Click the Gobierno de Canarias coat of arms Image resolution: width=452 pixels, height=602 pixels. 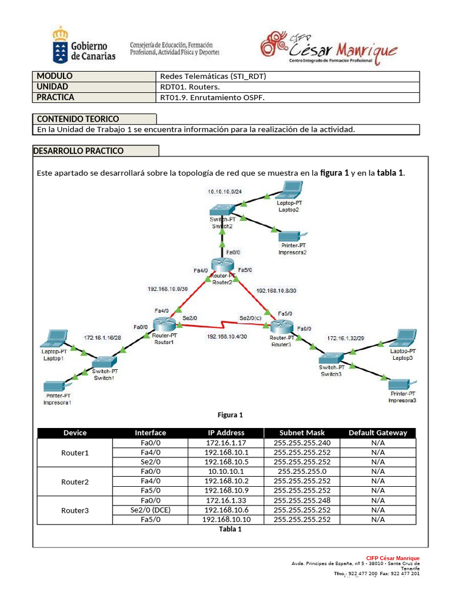pyautogui.click(x=59, y=42)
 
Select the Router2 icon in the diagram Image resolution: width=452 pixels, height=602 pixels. pyautogui.click(x=223, y=266)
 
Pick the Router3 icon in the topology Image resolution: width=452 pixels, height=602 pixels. pyautogui.click(x=281, y=327)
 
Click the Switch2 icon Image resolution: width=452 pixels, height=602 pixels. pyautogui.click(x=222, y=210)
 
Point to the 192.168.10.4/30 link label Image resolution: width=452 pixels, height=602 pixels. pyautogui.click(x=227, y=336)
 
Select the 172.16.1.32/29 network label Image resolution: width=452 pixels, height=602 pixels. pyautogui.click(x=347, y=338)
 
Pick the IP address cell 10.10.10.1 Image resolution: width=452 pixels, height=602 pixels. pyautogui.click(x=226, y=471)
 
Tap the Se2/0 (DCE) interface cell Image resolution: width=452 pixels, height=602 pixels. pyautogui.click(x=151, y=510)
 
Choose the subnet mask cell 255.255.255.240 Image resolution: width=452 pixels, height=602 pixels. pyautogui.click(x=302, y=442)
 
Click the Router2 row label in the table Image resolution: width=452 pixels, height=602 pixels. pyautogui.click(x=75, y=481)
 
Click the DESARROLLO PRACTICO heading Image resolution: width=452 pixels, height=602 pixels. pyautogui.click(x=79, y=151)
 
